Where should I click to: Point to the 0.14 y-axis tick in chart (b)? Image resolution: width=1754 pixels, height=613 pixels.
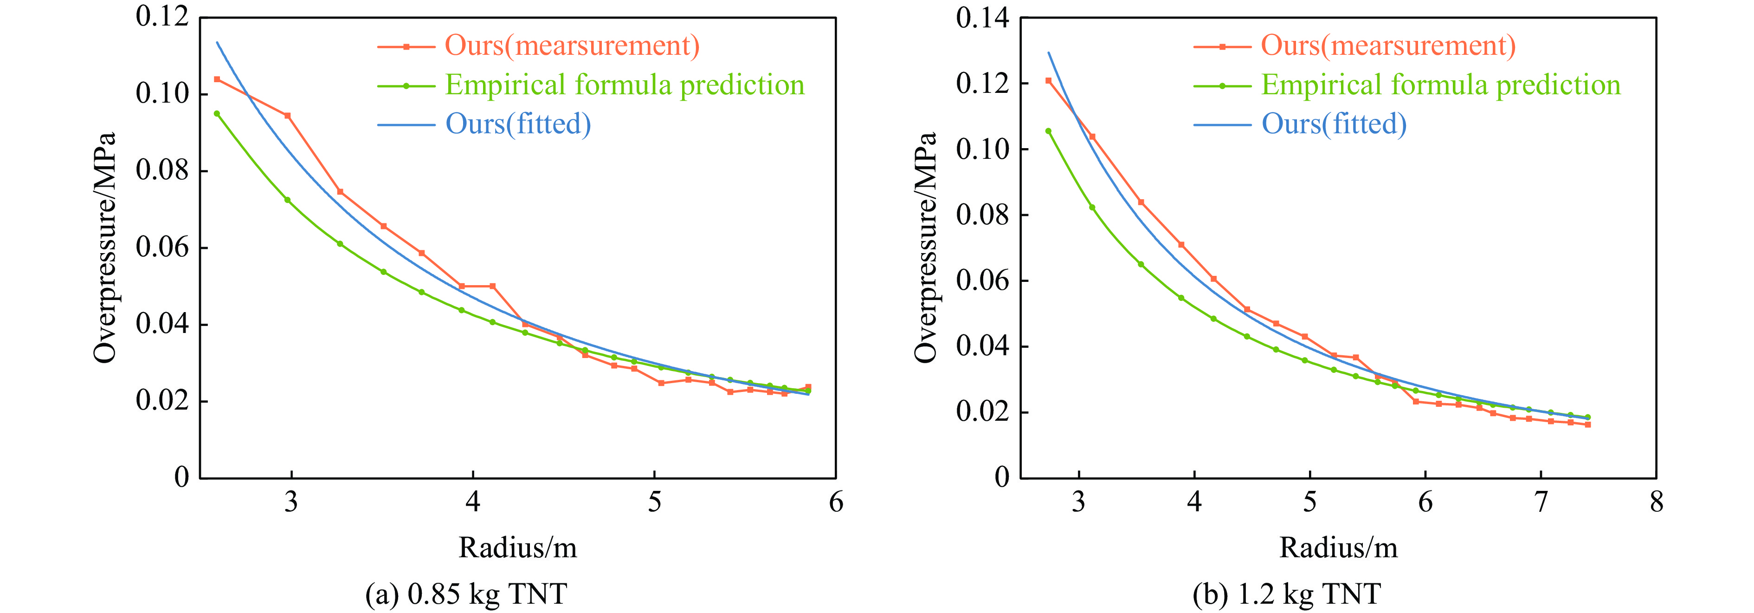tap(982, 18)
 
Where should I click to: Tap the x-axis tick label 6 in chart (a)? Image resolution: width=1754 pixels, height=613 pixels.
tap(835, 502)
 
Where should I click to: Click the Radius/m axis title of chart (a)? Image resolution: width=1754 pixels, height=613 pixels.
tap(517, 548)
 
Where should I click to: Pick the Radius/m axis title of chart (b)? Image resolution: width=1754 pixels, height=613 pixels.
tap(1338, 548)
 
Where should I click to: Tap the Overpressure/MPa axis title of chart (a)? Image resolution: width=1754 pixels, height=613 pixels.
tap(105, 247)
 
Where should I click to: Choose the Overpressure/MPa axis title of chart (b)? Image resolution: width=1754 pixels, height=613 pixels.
tap(926, 247)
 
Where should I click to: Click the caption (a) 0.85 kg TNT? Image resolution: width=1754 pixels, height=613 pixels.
tap(466, 594)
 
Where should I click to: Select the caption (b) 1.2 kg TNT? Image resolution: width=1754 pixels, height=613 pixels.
tap(1286, 594)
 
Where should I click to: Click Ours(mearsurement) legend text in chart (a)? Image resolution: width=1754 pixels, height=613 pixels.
tap(572, 46)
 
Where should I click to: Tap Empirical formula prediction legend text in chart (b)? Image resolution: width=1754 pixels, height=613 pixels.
tap(1441, 85)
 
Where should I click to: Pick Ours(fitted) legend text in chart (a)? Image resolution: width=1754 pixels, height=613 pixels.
tap(518, 124)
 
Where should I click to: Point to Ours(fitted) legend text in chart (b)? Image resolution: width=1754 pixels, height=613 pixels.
tap(1334, 124)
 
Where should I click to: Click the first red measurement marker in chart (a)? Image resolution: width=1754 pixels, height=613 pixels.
tap(217, 79)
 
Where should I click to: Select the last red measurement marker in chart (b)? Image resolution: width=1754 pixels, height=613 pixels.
tap(1588, 424)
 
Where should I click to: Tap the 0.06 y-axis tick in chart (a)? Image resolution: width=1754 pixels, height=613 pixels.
tap(162, 247)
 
